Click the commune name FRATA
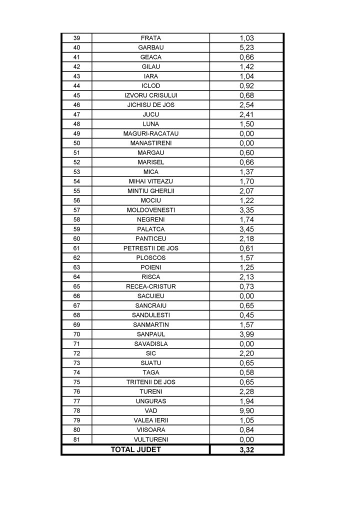(x=150, y=38)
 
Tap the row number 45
(x=76, y=95)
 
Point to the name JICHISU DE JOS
(x=150, y=104)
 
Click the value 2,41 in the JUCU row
(x=247, y=114)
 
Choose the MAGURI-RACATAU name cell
(x=150, y=133)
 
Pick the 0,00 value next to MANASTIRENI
(x=247, y=143)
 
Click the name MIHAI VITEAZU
(x=150, y=181)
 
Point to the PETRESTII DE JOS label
(x=150, y=248)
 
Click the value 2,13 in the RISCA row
(x=247, y=277)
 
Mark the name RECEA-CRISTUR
(x=150, y=286)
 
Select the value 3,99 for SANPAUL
(x=247, y=334)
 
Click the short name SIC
(x=150, y=353)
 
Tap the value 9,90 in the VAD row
(x=247, y=410)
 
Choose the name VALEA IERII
(x=150, y=420)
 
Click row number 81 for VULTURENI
(x=76, y=439)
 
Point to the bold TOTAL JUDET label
(x=136, y=449)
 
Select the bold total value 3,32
(x=247, y=450)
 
